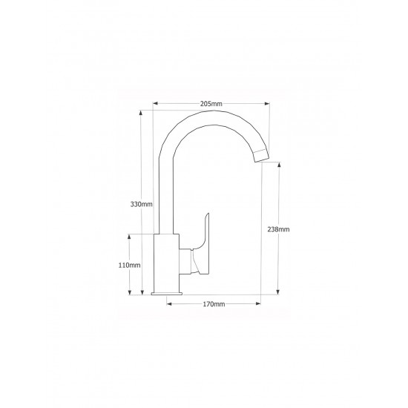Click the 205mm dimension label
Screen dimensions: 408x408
(x=211, y=104)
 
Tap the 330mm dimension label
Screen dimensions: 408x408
(x=141, y=204)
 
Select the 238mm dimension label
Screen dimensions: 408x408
(x=278, y=229)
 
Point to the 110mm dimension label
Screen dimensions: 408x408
(x=129, y=265)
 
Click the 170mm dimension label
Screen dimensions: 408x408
(x=214, y=304)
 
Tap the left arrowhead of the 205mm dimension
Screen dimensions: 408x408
(x=155, y=103)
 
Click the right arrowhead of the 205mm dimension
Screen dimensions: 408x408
(x=267, y=104)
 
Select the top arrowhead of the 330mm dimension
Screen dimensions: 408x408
(x=141, y=113)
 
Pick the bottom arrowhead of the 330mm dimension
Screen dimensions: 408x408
(x=142, y=292)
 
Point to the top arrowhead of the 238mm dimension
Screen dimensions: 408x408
(x=279, y=165)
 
